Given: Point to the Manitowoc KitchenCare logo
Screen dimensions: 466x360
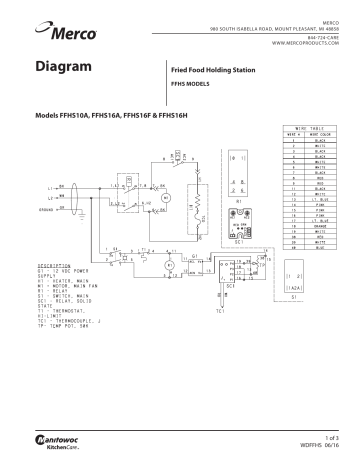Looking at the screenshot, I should [62, 440].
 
